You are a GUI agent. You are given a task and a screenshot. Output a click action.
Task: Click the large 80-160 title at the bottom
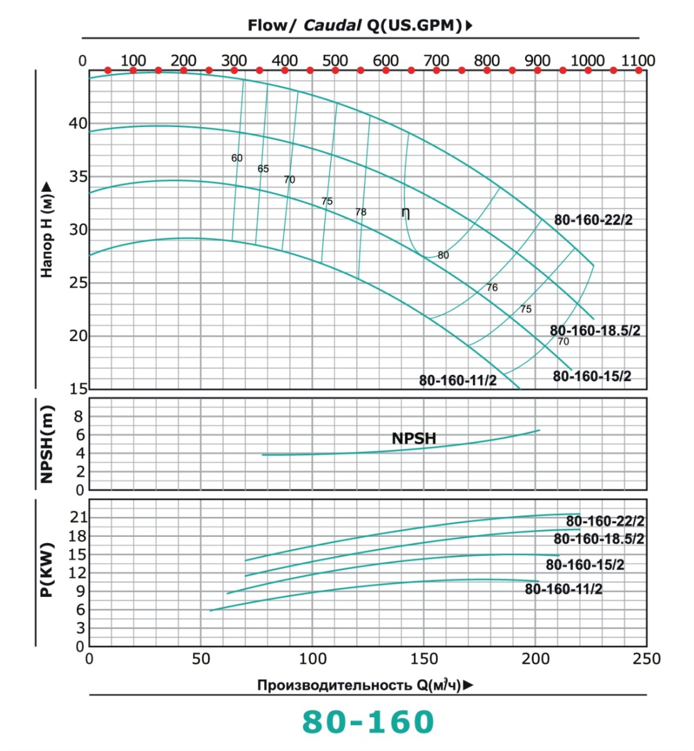pyautogui.click(x=368, y=722)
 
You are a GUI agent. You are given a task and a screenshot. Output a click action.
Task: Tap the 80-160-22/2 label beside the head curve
pyautogui.click(x=593, y=220)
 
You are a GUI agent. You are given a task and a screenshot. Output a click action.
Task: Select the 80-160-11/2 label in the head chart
pyautogui.click(x=458, y=381)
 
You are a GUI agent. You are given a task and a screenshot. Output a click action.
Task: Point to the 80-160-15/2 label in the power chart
pyautogui.click(x=585, y=565)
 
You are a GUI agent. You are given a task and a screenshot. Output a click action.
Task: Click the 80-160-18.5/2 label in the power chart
pyautogui.click(x=599, y=539)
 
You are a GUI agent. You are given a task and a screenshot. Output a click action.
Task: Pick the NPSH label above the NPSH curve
pyautogui.click(x=413, y=438)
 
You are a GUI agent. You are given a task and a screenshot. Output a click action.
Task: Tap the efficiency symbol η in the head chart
pyautogui.click(x=406, y=213)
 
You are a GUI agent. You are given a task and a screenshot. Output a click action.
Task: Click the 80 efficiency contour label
pyautogui.click(x=443, y=255)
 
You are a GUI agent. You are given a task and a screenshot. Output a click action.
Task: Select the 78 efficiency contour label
pyautogui.click(x=361, y=212)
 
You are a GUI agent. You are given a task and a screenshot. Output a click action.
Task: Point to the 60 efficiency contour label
pyautogui.click(x=237, y=158)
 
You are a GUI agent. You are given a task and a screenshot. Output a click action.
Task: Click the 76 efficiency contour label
pyautogui.click(x=492, y=288)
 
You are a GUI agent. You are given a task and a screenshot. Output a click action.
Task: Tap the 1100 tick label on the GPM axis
pyautogui.click(x=638, y=61)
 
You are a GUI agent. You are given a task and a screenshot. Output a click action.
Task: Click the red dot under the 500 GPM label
pyautogui.click(x=335, y=70)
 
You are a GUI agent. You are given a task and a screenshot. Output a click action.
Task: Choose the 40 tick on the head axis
pyautogui.click(x=78, y=123)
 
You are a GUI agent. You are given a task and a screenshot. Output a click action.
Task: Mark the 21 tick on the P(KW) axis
pyautogui.click(x=78, y=518)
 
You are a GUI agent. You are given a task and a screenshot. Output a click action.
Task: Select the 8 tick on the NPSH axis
pyautogui.click(x=79, y=416)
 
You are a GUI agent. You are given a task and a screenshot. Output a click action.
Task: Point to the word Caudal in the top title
pyautogui.click(x=333, y=26)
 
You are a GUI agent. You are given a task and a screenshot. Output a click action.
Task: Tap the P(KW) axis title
pyautogui.click(x=47, y=570)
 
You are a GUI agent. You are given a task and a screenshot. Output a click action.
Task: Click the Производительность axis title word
pyautogui.click(x=335, y=685)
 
